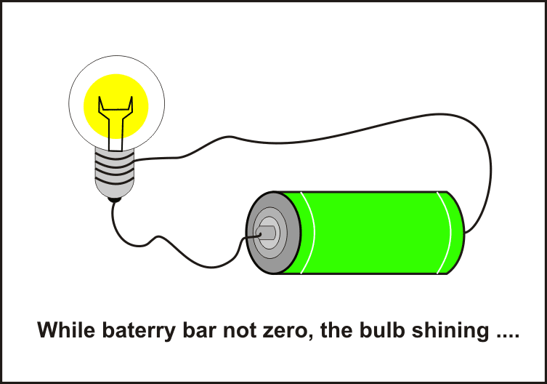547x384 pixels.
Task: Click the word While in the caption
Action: pyautogui.click(x=63, y=330)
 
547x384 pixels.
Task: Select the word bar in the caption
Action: pyautogui.click(x=192, y=330)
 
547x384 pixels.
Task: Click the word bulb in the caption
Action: pyautogui.click(x=373, y=330)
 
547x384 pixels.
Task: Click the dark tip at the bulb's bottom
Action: pyautogui.click(x=113, y=196)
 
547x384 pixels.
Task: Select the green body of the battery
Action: pyautogui.click(x=378, y=233)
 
